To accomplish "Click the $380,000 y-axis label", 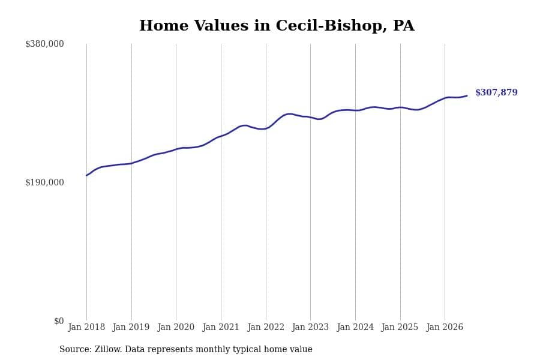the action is pos(44,44).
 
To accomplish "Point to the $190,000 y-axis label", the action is pos(44,182).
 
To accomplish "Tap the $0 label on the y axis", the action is pos(59,321).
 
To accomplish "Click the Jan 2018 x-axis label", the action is pos(86,327).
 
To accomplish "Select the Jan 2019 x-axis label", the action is pos(131,327).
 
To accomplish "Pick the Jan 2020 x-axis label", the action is pos(176,327).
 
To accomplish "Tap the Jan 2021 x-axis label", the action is pos(221,327).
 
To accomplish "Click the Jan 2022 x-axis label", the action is pos(266,327).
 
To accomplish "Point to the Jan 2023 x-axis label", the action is pos(310,327).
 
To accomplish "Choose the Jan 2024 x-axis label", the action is pos(355,327).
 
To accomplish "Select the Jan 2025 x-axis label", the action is pos(400,327).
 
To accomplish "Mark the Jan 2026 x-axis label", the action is pos(445,327).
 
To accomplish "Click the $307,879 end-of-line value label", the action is pos(496,92).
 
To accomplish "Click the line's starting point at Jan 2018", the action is pos(86,175).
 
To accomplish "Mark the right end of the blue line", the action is pos(467,96).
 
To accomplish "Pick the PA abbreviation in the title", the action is pos(404,25).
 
